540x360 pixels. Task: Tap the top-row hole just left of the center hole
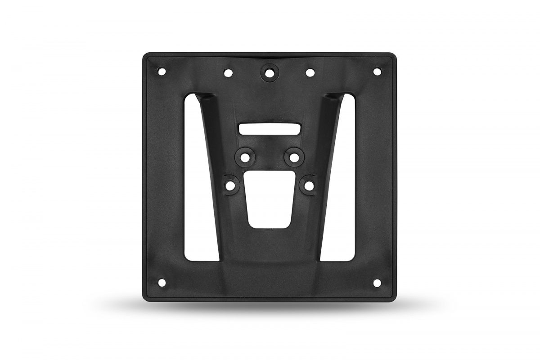coord(229,72)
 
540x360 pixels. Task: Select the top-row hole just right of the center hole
coord(310,72)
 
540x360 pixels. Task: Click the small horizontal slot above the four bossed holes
coord(270,128)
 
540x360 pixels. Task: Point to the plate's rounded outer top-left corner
coord(145,55)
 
